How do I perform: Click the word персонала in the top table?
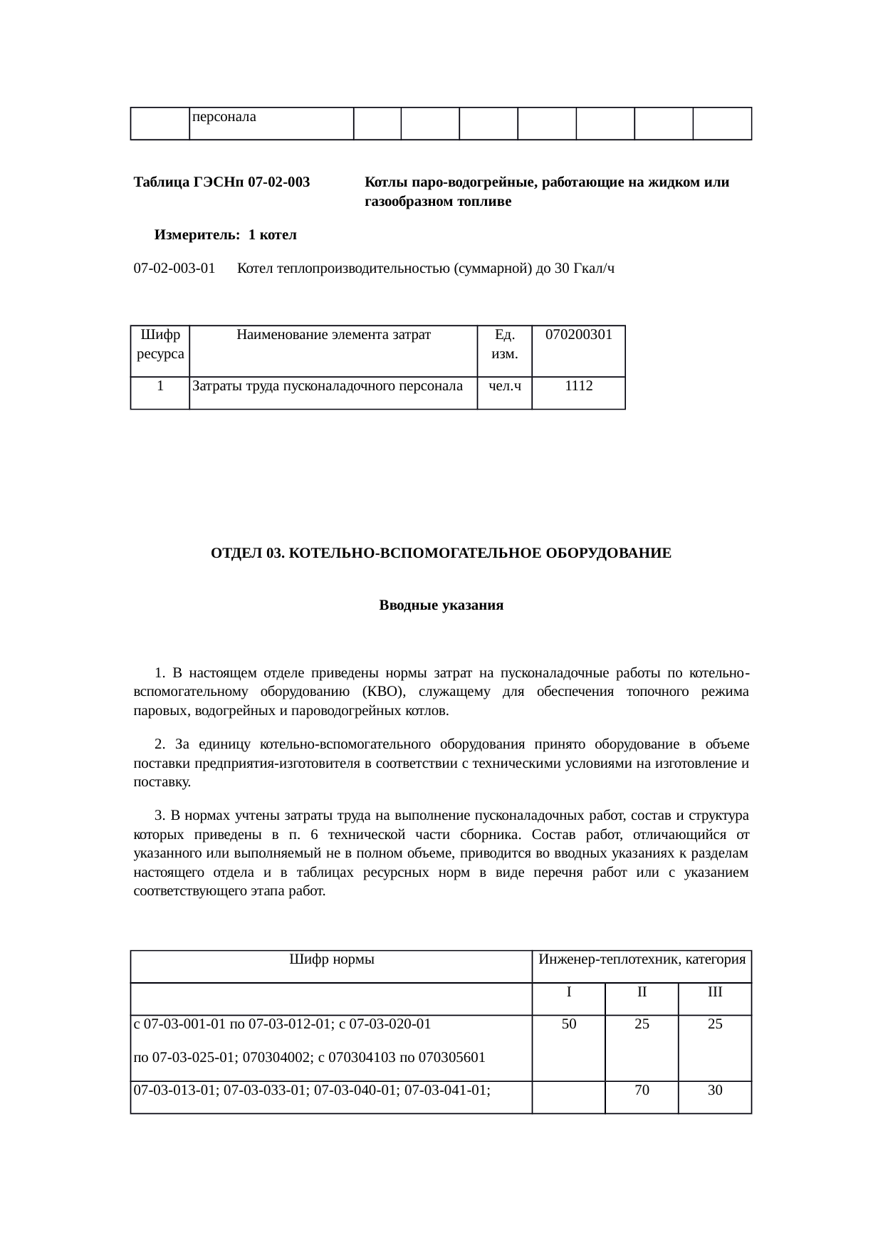[224, 115]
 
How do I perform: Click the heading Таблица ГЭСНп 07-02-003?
[221, 182]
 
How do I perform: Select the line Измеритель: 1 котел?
[225, 235]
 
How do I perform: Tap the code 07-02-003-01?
[174, 269]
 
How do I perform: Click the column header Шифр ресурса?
[160, 343]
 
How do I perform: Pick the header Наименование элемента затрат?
[333, 334]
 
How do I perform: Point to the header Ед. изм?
[504, 343]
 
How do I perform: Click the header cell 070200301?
[578, 334]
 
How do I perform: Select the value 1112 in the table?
[578, 386]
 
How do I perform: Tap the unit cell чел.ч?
[504, 386]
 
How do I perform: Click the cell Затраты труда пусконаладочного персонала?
[328, 386]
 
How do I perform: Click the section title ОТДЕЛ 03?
[441, 553]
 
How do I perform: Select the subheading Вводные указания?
[441, 605]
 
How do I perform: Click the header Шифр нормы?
[332, 959]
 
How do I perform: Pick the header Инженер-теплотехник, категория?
[642, 959]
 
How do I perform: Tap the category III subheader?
[715, 991]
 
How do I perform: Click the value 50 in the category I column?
[568, 1024]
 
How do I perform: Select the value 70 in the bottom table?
[642, 1090]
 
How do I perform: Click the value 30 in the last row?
[715, 1090]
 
